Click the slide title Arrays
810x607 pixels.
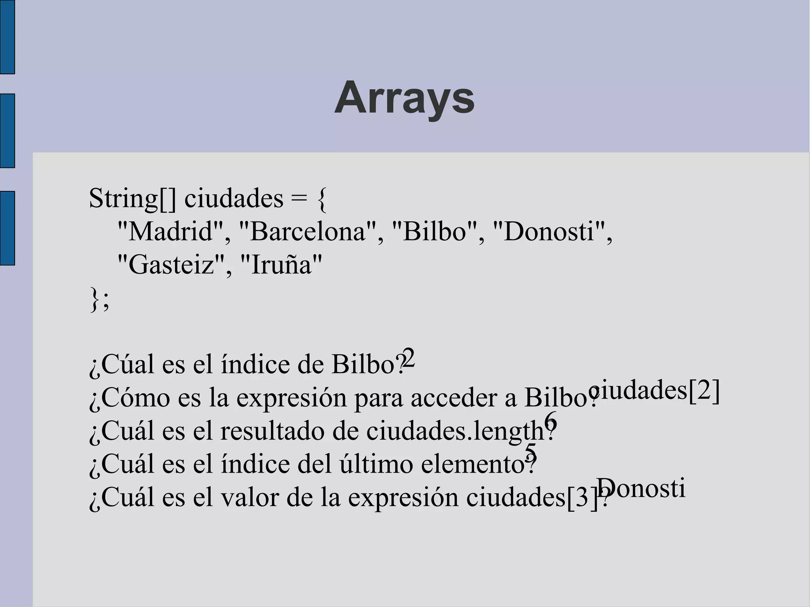pos(404,98)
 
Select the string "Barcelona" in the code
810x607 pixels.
pos(308,231)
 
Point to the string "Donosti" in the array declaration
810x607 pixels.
pos(549,231)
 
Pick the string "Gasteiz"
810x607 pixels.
pos(171,265)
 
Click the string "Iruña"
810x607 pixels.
pos(281,265)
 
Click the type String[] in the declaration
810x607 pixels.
pos(132,199)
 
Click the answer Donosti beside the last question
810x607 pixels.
pos(641,488)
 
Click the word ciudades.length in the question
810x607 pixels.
pos(455,431)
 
